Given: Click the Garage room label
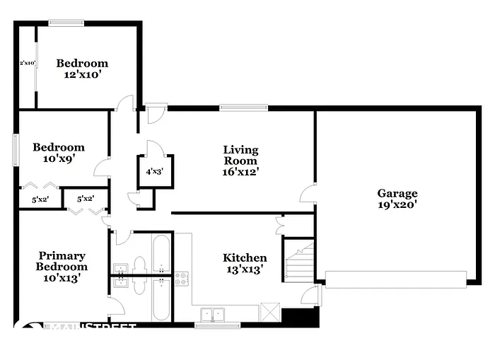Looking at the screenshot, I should (x=397, y=193).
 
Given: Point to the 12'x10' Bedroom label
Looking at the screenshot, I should (x=82, y=63).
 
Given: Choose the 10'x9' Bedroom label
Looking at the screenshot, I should (x=59, y=147).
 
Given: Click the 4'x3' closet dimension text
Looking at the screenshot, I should (x=155, y=171).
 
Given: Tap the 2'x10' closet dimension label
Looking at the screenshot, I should (x=27, y=63).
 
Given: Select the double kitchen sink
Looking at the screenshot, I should (x=211, y=313).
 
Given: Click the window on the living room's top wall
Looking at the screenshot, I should (x=243, y=108).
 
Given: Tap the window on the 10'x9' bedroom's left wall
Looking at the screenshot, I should (x=15, y=149).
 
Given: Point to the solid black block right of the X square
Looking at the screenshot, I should (x=291, y=315).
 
